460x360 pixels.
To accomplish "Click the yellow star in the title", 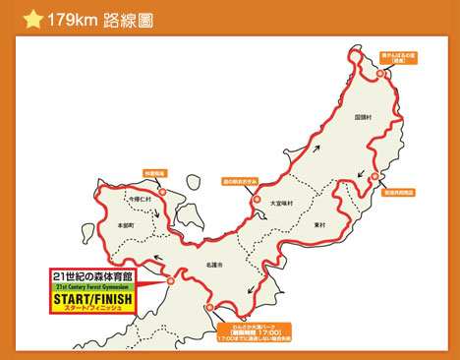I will pos(32,17).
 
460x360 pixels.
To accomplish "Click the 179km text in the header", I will pos(74,17).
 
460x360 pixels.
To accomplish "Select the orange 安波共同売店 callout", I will pos(399,194).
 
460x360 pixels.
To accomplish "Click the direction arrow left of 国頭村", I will pos(316,150).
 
